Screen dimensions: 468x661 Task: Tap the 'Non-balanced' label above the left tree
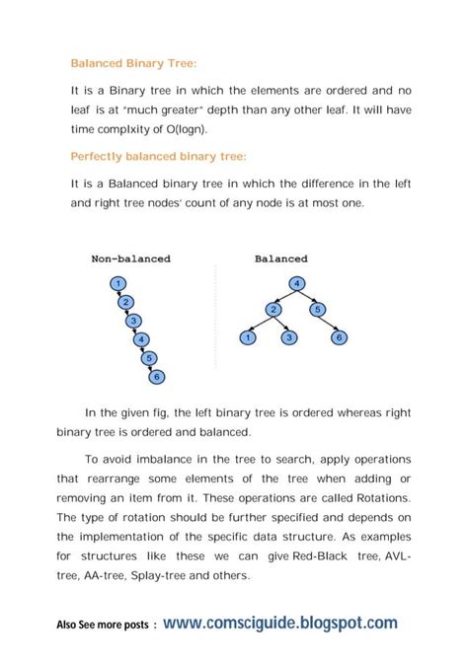131,258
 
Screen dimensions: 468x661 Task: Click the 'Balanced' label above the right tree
281,258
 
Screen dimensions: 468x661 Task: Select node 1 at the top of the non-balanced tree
117,285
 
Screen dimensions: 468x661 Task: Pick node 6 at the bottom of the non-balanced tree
159,376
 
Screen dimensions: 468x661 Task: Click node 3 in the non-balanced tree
134,321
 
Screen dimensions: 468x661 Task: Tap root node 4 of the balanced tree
296,285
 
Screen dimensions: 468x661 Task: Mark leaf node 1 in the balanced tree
249,338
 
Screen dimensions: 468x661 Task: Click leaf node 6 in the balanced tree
339,338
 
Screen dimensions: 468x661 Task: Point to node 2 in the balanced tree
272,311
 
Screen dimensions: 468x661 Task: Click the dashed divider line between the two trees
213,326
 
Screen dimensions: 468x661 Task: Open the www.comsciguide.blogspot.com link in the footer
280,623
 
